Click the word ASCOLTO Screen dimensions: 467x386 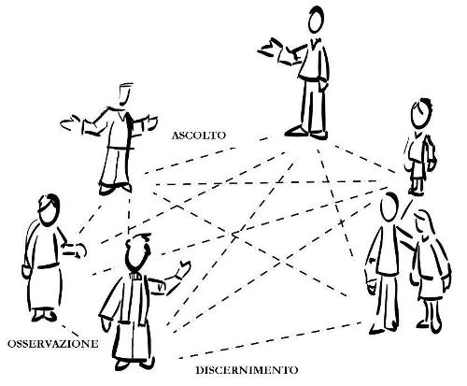[198, 136]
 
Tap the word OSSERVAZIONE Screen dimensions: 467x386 [53, 344]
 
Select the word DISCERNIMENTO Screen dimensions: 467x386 [247, 370]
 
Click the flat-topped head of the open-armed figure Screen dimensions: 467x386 [125, 93]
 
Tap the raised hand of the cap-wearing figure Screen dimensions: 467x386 [183, 269]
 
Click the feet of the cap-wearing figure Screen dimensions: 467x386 [134, 364]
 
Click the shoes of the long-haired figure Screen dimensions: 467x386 [430, 326]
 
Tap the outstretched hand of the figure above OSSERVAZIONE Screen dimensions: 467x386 [76, 250]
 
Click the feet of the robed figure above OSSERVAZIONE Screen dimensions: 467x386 [44, 316]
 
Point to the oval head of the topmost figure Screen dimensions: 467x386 [317, 20]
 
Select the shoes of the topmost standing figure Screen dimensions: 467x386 [306, 133]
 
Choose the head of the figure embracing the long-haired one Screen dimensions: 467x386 [389, 207]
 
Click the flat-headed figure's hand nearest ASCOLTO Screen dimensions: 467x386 [150, 122]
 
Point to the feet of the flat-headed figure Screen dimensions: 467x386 [115, 189]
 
